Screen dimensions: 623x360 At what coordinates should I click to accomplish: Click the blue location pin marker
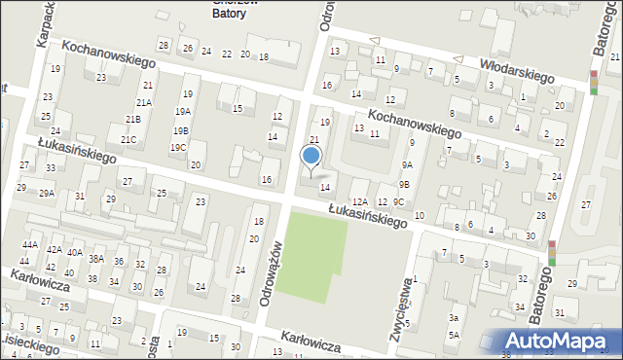pyautogui.click(x=311, y=157)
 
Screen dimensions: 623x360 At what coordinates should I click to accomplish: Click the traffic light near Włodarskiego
pyautogui.click(x=594, y=83)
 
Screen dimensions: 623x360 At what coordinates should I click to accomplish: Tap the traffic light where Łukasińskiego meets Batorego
pyautogui.click(x=552, y=253)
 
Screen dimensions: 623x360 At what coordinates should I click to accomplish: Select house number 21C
pyautogui.click(x=128, y=139)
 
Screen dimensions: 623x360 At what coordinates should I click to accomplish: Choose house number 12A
pyautogui.click(x=359, y=201)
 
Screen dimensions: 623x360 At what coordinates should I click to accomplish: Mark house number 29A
pyautogui.click(x=46, y=194)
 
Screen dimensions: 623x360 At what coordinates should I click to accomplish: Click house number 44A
pyautogui.click(x=30, y=244)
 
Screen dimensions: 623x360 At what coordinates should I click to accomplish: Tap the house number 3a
pyautogui.click(x=454, y=318)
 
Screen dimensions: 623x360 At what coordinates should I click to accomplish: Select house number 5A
pyautogui.click(x=454, y=336)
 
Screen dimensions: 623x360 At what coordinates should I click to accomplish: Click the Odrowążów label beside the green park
pyautogui.click(x=273, y=275)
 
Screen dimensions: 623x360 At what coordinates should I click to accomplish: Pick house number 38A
pyautogui.click(x=95, y=259)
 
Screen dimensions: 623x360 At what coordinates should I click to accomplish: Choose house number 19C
pyautogui.click(x=177, y=148)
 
